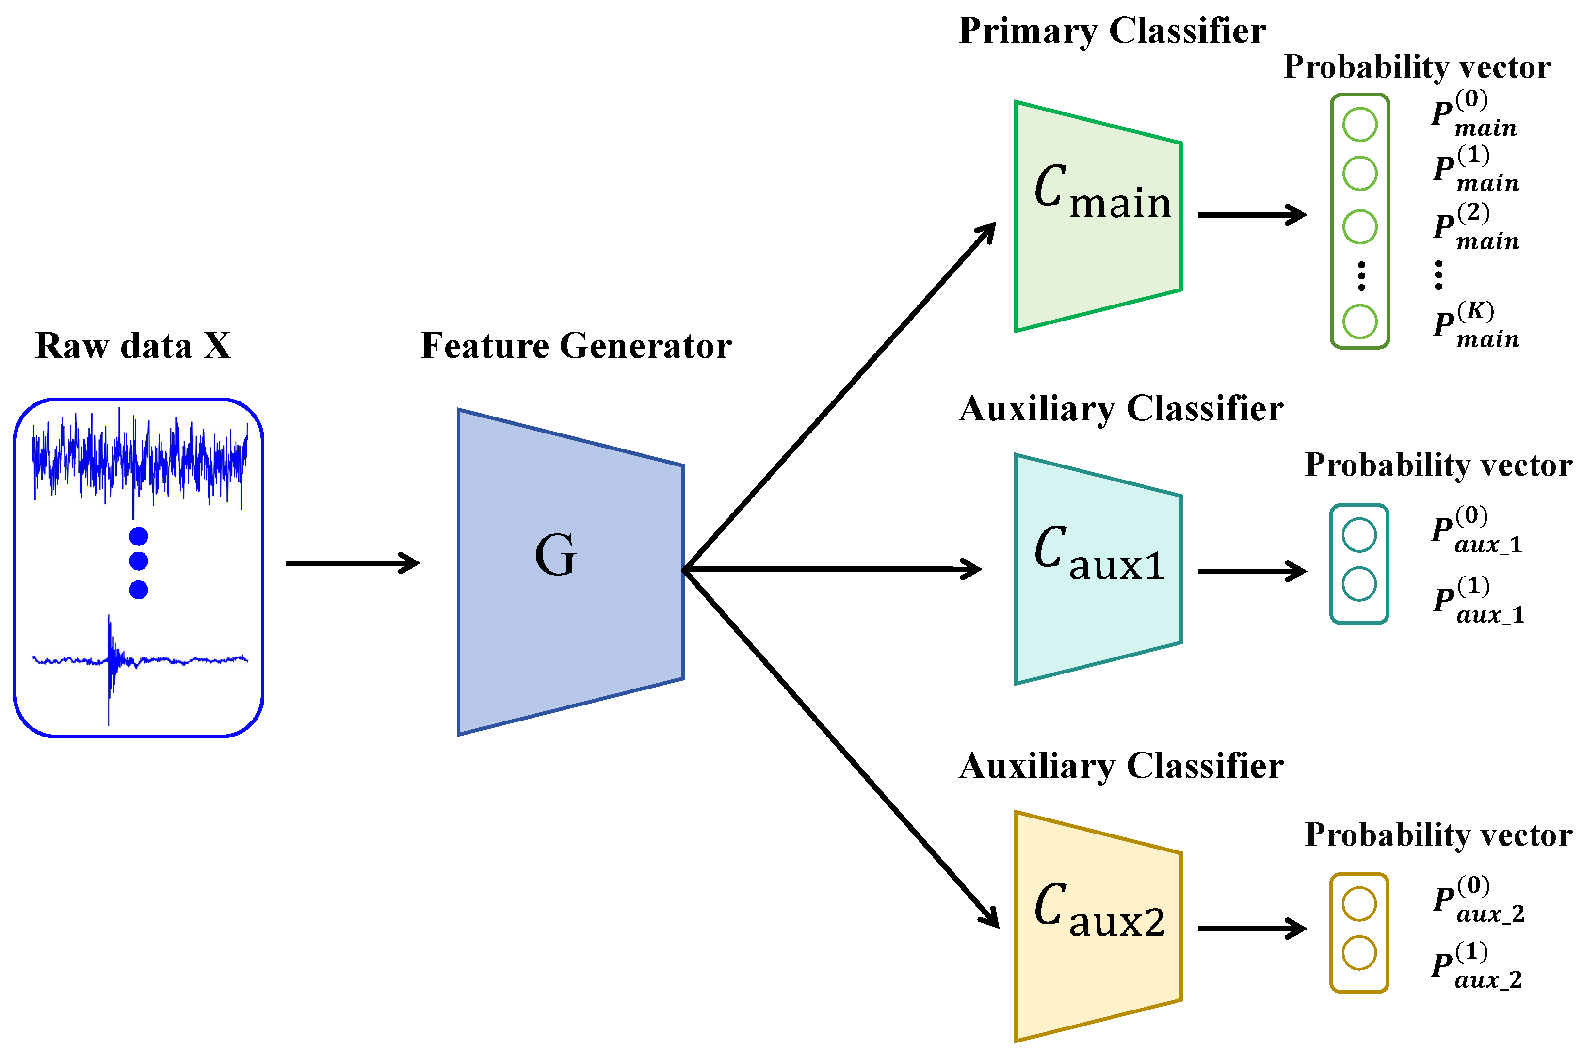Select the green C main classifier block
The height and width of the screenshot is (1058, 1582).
pos(1098,216)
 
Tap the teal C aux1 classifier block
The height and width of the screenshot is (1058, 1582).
pos(1098,569)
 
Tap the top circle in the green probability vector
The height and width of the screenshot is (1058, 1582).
pos(1359,124)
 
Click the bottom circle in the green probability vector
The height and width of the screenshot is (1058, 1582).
pos(1359,321)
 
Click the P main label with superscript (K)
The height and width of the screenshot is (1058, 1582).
pos(1475,325)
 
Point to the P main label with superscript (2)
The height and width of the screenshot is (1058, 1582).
pos(1475,227)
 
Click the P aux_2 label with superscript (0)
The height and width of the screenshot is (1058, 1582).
pos(1478,899)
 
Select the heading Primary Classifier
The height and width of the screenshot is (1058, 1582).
pos(1112,31)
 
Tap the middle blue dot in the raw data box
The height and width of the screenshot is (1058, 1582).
pos(138,561)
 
